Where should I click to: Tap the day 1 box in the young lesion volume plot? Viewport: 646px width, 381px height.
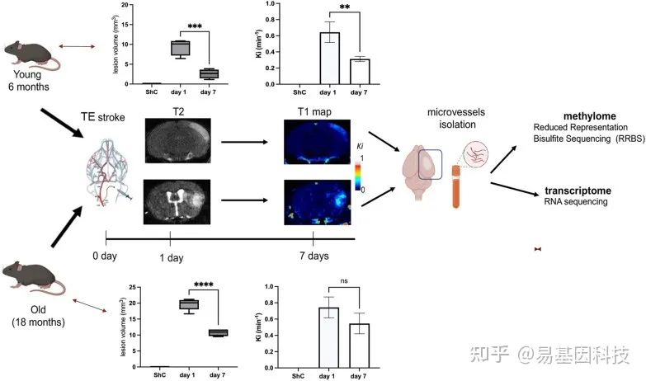tap(180, 49)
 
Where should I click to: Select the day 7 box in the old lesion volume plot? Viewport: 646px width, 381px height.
tap(218, 333)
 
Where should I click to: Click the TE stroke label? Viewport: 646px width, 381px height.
tap(103, 119)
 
